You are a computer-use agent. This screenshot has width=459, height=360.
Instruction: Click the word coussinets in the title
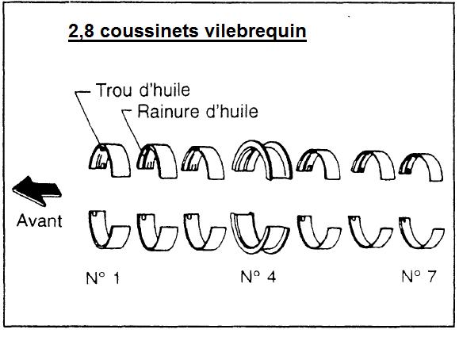click(x=149, y=31)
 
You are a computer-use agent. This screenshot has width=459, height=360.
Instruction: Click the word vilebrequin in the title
click(x=255, y=31)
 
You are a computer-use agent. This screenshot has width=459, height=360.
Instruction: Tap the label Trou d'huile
click(x=143, y=90)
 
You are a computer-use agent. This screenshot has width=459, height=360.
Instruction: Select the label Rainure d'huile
click(x=198, y=112)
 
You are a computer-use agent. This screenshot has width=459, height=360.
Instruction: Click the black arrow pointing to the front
click(x=37, y=191)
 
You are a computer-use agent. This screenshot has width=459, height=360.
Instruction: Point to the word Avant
click(x=39, y=221)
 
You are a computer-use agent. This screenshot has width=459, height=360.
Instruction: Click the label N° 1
click(x=103, y=278)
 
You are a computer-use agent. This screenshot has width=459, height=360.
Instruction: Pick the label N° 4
click(x=258, y=277)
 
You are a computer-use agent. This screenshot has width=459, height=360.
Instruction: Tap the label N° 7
click(x=419, y=277)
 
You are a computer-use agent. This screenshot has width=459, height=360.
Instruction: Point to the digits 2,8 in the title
click(x=81, y=32)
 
